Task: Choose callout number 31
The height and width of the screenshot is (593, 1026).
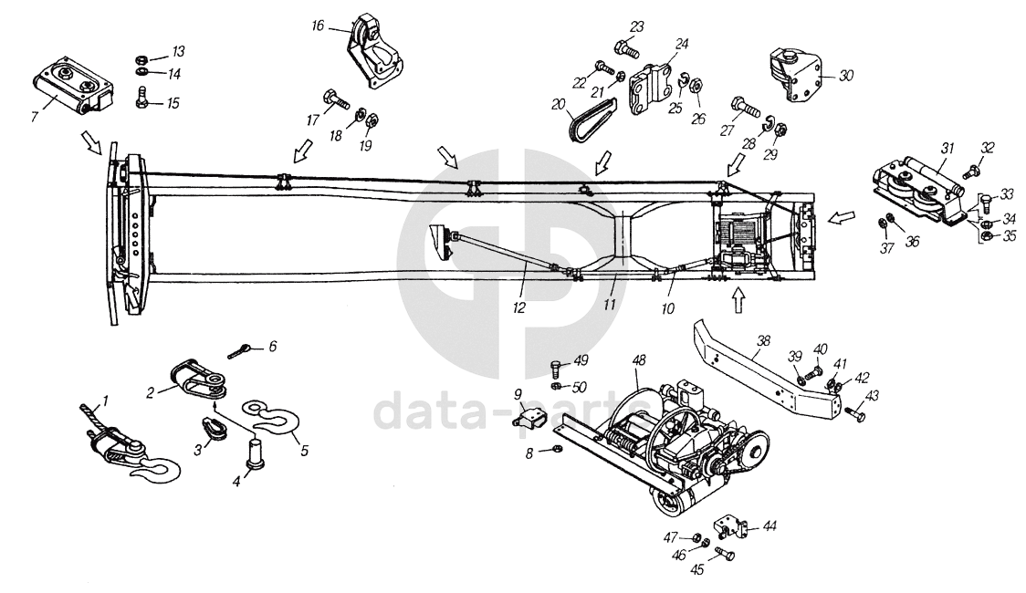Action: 947,149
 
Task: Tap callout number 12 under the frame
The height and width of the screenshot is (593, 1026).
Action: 518,308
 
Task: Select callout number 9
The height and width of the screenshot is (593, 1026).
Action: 517,395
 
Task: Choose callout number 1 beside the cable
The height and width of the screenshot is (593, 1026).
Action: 104,401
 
